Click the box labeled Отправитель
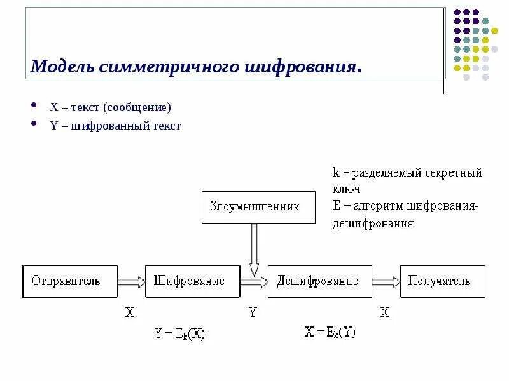[70, 281]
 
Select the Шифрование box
[192, 281]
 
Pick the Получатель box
[442, 281]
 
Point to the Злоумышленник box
[258, 207]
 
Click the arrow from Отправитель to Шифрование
[132, 281]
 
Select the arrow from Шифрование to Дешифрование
[254, 282]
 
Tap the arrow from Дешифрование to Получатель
[386, 281]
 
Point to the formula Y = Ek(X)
[180, 333]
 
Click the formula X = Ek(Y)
[330, 331]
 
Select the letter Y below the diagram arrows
[252, 312]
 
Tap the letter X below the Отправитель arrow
[130, 312]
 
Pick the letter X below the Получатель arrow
[384, 312]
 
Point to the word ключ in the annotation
[346, 189]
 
